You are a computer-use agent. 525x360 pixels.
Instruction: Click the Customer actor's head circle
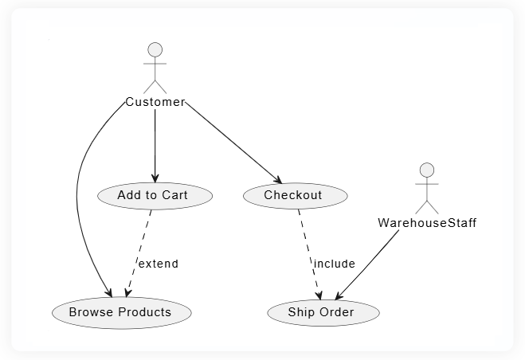(x=155, y=49)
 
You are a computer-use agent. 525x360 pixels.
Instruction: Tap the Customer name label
(x=155, y=102)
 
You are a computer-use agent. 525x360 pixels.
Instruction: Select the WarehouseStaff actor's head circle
(x=427, y=170)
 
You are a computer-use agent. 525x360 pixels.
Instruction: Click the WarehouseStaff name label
(x=427, y=223)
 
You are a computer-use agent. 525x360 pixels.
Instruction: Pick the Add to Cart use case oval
(x=154, y=195)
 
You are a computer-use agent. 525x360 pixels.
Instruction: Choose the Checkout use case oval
(x=293, y=195)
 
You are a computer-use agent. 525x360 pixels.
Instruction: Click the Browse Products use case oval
(x=121, y=312)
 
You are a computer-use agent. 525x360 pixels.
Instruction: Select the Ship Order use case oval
(x=321, y=312)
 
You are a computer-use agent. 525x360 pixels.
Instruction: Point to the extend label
(x=158, y=264)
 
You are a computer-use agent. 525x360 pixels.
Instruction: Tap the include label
(x=334, y=264)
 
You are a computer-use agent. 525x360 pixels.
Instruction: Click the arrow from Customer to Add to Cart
(x=155, y=143)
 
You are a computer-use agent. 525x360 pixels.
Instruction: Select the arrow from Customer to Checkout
(x=231, y=143)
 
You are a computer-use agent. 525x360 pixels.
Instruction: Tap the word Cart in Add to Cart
(x=174, y=195)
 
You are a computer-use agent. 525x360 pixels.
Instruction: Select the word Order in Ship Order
(x=337, y=312)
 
